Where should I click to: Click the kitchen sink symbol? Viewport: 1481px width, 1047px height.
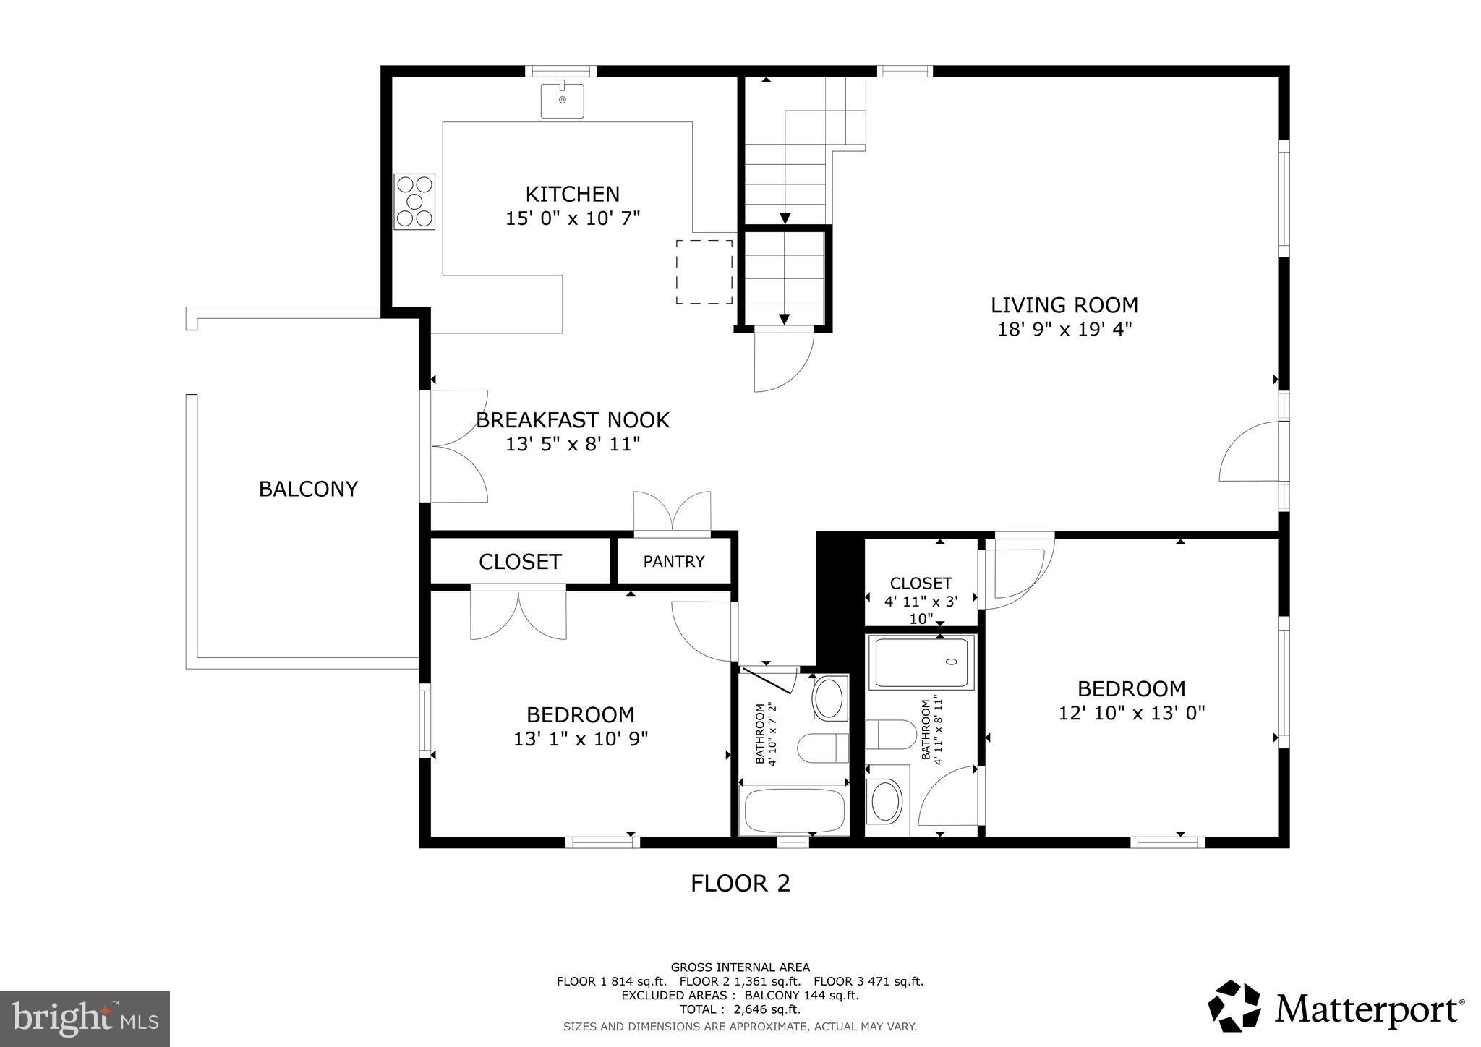(563, 101)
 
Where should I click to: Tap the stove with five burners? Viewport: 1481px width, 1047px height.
(414, 202)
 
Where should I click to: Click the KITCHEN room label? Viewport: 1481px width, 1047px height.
(572, 195)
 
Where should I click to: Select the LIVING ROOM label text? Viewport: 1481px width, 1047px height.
(1064, 305)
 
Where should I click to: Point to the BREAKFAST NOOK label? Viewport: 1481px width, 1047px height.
(572, 420)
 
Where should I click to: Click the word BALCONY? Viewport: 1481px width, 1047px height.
(308, 490)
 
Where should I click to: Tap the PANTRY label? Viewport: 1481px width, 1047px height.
(673, 562)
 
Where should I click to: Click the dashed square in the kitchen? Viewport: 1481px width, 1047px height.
(704, 272)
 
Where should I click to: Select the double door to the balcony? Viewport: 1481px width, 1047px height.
(458, 445)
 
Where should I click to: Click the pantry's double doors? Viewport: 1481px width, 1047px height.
(673, 513)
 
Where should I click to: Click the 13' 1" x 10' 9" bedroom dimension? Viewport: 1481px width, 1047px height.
(581, 739)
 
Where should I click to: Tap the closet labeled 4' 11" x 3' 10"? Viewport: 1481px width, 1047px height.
(921, 584)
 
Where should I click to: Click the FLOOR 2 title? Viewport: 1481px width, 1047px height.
(740, 884)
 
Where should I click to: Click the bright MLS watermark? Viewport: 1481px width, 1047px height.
(85, 1020)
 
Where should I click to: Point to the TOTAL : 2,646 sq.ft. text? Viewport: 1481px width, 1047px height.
(739, 1009)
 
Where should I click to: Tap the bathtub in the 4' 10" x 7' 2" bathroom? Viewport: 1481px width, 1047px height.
(793, 811)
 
